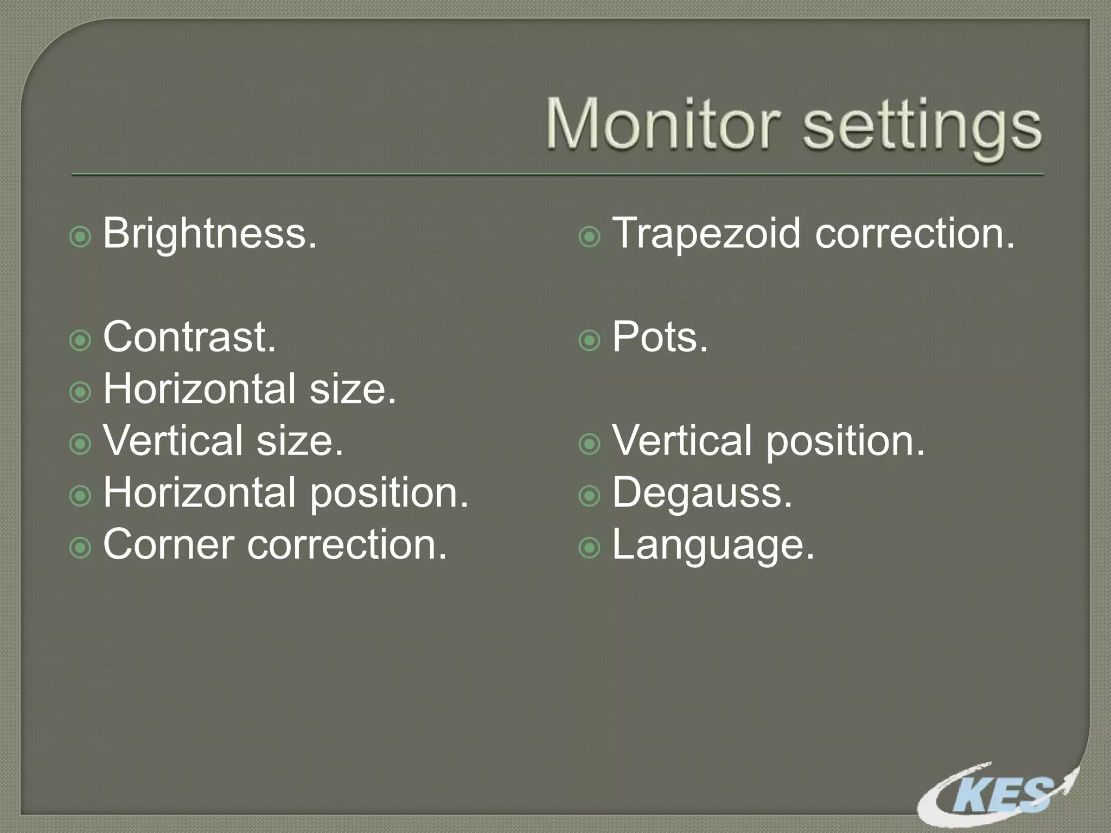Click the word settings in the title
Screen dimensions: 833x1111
pos(922,127)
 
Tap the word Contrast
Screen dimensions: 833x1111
pos(189,337)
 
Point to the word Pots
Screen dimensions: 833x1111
pos(660,337)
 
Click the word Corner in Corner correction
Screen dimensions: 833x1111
pos(169,544)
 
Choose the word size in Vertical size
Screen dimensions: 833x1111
pos(299,441)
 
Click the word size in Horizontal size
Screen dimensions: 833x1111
pos(353,389)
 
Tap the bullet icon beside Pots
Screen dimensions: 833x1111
pos(589,341)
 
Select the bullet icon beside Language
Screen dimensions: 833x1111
pos(589,548)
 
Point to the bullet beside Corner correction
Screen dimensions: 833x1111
pos(80,548)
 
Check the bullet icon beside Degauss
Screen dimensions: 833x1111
pos(589,496)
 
